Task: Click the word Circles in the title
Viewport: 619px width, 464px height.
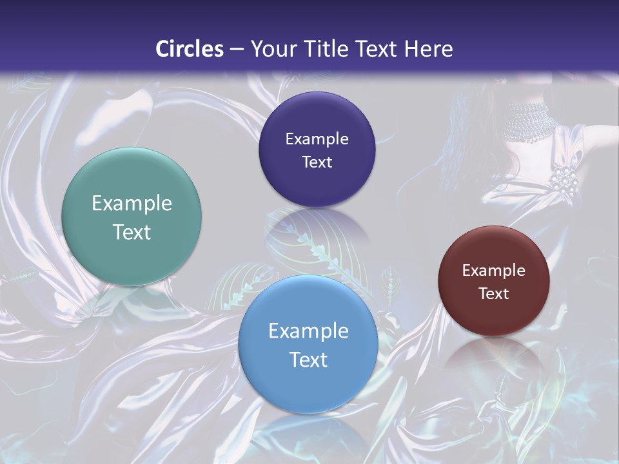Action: [190, 49]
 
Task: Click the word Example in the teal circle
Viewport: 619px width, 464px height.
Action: [132, 204]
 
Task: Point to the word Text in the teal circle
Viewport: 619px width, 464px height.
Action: [132, 232]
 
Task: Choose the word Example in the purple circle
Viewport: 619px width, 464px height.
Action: [317, 139]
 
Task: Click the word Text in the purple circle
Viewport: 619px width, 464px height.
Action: [317, 162]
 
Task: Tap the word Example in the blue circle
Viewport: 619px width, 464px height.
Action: [308, 331]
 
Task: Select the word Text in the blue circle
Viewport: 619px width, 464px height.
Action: [308, 360]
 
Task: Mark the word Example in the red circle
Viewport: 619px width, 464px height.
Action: [494, 271]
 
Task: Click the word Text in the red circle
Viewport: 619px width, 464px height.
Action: [494, 294]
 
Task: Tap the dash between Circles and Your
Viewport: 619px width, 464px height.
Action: [237, 50]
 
